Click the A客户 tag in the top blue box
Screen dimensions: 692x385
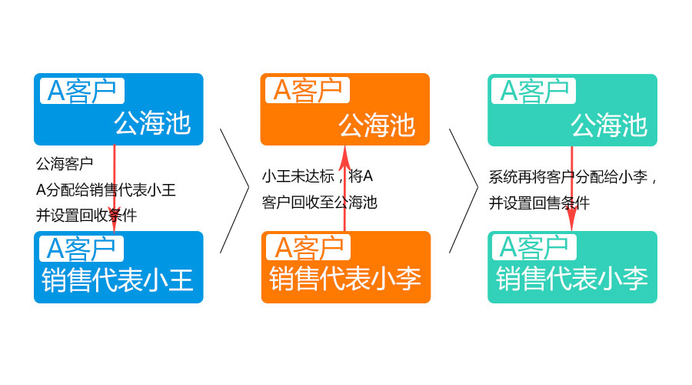pyautogui.click(x=82, y=91)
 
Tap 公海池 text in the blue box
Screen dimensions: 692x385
pyautogui.click(x=152, y=123)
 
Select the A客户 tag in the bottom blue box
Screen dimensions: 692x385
pyautogui.click(x=82, y=249)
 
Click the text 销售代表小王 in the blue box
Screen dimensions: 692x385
pyautogui.click(x=118, y=280)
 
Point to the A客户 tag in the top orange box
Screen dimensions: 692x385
pyautogui.click(x=308, y=90)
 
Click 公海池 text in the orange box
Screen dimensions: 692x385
pyautogui.click(x=377, y=125)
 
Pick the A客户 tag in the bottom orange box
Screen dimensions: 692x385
pyautogui.click(x=308, y=247)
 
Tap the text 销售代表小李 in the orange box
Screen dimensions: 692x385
pyautogui.click(x=345, y=279)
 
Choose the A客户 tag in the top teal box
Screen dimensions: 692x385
pyautogui.click(x=534, y=91)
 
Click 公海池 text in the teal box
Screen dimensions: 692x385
pyautogui.click(x=609, y=125)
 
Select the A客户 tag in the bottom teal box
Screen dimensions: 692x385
pyautogui.click(x=534, y=247)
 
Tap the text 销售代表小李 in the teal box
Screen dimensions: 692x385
pyautogui.click(x=572, y=279)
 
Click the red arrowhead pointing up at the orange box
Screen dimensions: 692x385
pyautogui.click(x=344, y=159)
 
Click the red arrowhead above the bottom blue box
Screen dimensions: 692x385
pyautogui.click(x=115, y=219)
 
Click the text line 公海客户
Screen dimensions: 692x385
pyautogui.click(x=65, y=164)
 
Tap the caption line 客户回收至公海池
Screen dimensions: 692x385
pyautogui.click(x=320, y=203)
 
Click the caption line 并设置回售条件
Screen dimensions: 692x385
pyautogui.click(x=539, y=203)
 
